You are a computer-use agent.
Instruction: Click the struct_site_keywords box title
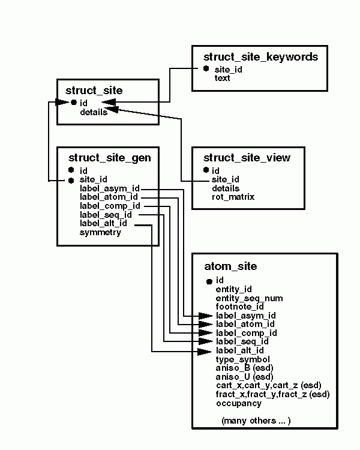pos(260,57)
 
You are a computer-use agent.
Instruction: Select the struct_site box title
pos(94,91)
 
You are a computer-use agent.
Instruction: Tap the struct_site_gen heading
pos(109,158)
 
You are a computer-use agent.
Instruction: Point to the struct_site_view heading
pos(247,158)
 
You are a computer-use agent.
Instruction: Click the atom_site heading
pos(230,266)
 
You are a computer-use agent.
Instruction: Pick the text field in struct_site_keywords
pos(222,78)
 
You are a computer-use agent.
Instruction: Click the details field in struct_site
pos(93,112)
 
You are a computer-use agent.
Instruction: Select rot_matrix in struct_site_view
pos(233,197)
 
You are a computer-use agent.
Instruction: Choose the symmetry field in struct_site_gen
pos(100,232)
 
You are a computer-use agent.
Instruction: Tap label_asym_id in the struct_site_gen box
pos(109,188)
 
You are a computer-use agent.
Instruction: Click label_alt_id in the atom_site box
pos(239,350)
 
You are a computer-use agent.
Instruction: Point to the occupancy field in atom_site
pos(238,403)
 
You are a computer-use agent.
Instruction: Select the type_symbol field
pos(243,359)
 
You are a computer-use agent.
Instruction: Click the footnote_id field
pos(239,307)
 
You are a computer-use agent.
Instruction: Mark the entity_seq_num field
pos(249,298)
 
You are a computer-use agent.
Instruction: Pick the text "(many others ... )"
pos(256,421)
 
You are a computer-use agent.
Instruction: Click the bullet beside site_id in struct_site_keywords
pos(206,69)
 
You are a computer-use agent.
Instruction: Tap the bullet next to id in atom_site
pos(208,281)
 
